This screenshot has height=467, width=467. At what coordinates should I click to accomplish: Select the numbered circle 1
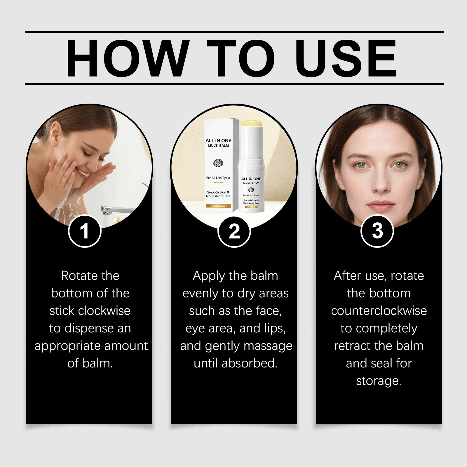[85, 231]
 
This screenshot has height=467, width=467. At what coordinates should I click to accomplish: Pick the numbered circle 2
[234, 231]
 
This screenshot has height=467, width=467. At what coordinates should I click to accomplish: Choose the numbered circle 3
[377, 231]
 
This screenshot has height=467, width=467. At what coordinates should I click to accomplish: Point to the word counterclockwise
[379, 311]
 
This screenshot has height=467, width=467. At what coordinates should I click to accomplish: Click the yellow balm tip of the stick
[251, 123]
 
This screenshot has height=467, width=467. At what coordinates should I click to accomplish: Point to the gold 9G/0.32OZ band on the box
[218, 206]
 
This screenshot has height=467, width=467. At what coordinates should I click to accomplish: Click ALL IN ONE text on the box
[218, 140]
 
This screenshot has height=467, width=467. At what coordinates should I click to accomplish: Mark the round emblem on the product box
[218, 163]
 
